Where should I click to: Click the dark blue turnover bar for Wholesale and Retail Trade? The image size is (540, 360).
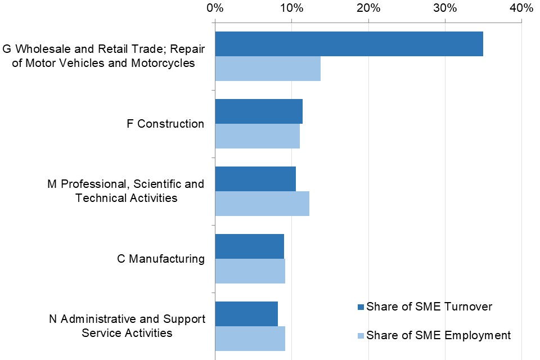[349, 44]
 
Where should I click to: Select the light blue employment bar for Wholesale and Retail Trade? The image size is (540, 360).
[268, 69]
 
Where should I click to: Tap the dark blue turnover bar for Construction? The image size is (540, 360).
[259, 111]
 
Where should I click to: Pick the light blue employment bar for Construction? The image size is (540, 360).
[257, 136]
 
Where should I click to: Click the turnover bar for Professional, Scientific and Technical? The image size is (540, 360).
[255, 179]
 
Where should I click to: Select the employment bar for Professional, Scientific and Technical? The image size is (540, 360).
[262, 204]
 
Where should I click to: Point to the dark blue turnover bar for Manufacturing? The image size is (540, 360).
[249, 246]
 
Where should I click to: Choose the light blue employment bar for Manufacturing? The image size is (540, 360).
[250, 271]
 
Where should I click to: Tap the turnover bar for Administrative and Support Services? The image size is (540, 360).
[246, 314]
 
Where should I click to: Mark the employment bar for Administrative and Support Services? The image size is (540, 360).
[250, 339]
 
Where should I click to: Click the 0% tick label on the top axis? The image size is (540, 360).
[214, 8]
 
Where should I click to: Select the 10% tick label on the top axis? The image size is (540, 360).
[291, 8]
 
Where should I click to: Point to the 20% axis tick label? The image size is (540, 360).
[368, 8]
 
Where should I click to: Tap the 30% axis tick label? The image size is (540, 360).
[444, 8]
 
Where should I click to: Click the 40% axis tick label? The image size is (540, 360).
[521, 8]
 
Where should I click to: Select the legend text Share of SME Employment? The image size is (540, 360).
[438, 336]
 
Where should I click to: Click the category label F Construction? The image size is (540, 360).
[165, 124]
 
